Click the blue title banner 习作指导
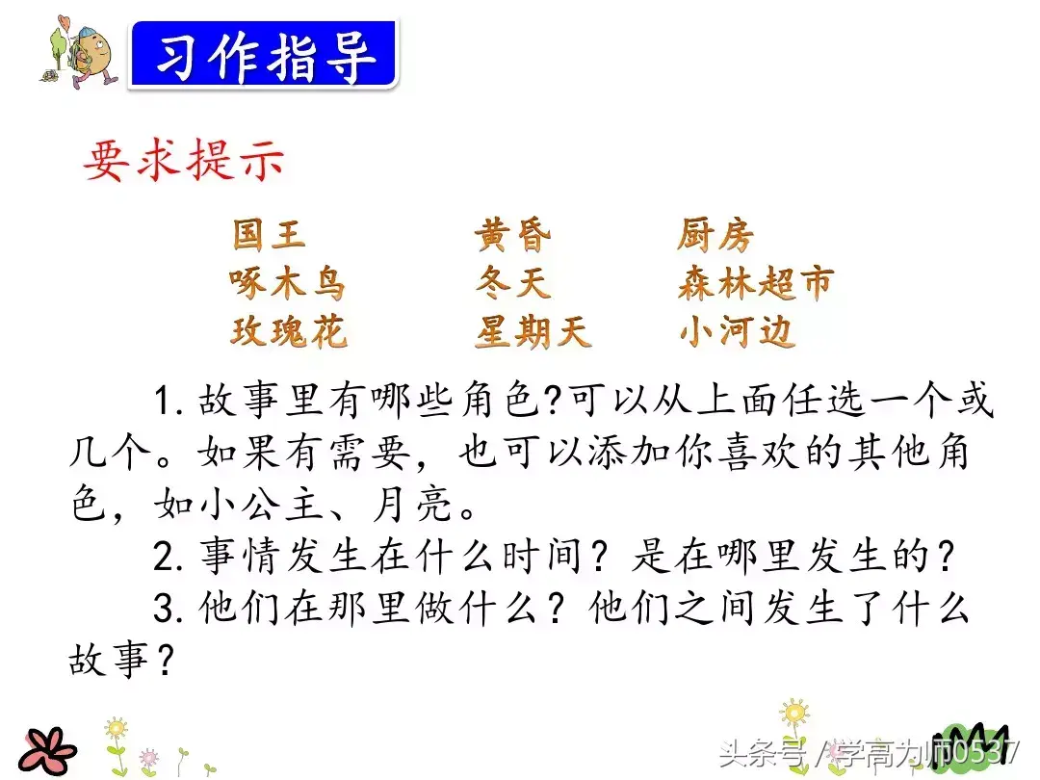263,54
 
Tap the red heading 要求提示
184,161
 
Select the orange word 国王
269,235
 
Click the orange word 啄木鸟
288,283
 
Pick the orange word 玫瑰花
289,331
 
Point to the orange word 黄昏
512,236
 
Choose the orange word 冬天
512,283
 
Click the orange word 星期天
533,331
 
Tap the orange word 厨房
715,236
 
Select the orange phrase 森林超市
756,283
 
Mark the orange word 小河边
737,331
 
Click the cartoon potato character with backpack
81,53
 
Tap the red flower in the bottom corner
48,752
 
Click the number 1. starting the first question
169,402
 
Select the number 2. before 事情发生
169,557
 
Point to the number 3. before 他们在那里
169,609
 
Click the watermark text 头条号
762,753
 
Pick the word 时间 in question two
541,557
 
